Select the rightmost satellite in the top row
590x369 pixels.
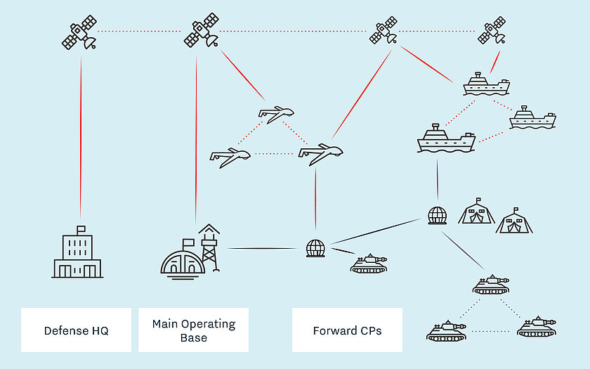(x=492, y=31)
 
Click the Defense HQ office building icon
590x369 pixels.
(x=77, y=254)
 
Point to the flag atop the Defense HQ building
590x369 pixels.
(x=81, y=229)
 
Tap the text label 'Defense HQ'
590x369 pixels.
(x=76, y=330)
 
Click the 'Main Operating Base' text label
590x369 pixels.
(x=194, y=330)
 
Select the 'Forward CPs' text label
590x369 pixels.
(x=347, y=330)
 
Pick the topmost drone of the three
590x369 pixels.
(x=275, y=113)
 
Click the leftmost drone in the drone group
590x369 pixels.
(x=230, y=156)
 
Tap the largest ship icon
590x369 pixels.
(x=445, y=139)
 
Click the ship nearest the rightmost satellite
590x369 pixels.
(x=485, y=85)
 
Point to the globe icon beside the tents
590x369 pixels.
(x=437, y=214)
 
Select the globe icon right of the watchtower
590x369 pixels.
(x=315, y=248)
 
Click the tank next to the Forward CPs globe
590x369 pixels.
(x=369, y=264)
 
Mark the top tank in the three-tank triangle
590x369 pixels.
(x=491, y=285)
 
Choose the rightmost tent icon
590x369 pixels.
(x=514, y=221)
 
